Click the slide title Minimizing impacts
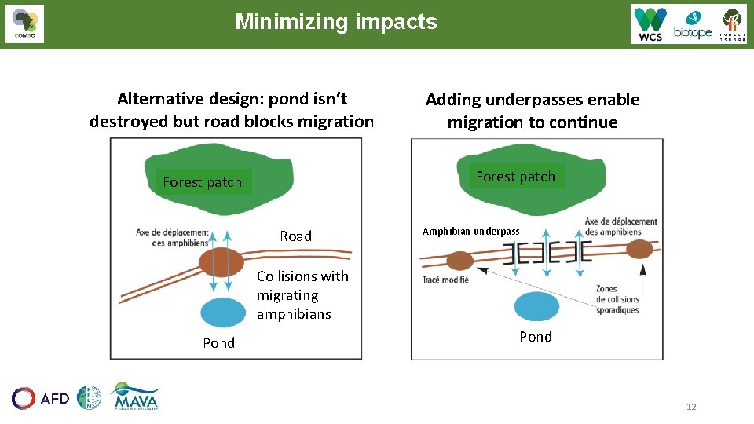(335, 22)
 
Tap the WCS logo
(650, 24)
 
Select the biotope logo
(692, 25)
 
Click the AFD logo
(41, 398)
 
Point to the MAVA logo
(135, 397)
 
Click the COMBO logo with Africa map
(24, 24)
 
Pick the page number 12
(691, 406)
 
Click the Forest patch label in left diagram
(202, 182)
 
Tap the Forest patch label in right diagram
(515, 177)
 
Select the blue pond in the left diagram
(223, 313)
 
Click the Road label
(295, 236)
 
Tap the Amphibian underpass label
(470, 232)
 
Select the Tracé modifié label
(445, 280)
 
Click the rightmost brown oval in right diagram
(640, 250)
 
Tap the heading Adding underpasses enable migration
(533, 111)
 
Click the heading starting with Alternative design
(232, 110)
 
